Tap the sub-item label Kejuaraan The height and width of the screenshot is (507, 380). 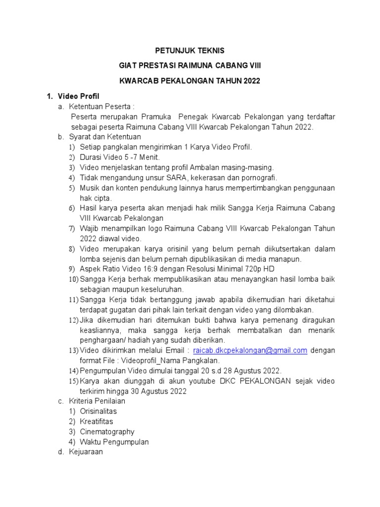(x=86, y=452)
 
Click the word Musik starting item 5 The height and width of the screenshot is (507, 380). (x=90, y=188)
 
